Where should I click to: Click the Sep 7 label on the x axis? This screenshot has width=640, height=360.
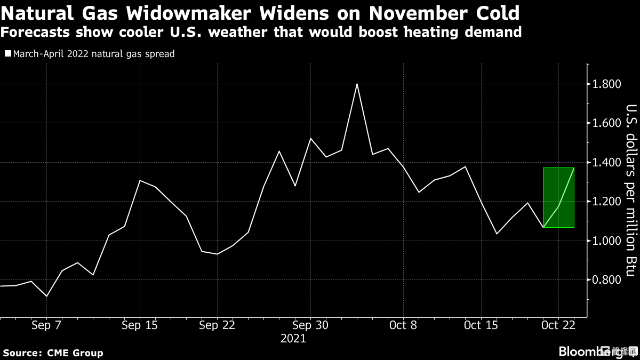point(47,325)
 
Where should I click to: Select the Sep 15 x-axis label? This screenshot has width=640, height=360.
point(140,325)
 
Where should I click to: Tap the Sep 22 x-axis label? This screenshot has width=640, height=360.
point(217,325)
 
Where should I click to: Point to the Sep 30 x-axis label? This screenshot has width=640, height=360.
point(310,325)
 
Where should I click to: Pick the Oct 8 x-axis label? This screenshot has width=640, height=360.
point(403,325)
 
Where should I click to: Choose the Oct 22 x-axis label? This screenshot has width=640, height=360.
point(558,325)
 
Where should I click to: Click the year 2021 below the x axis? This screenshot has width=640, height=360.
point(293,339)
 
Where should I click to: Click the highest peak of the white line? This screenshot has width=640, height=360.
point(357,84)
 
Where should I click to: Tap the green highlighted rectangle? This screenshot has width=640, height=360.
point(558,197)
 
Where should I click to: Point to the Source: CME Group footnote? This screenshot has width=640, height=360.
point(53,353)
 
